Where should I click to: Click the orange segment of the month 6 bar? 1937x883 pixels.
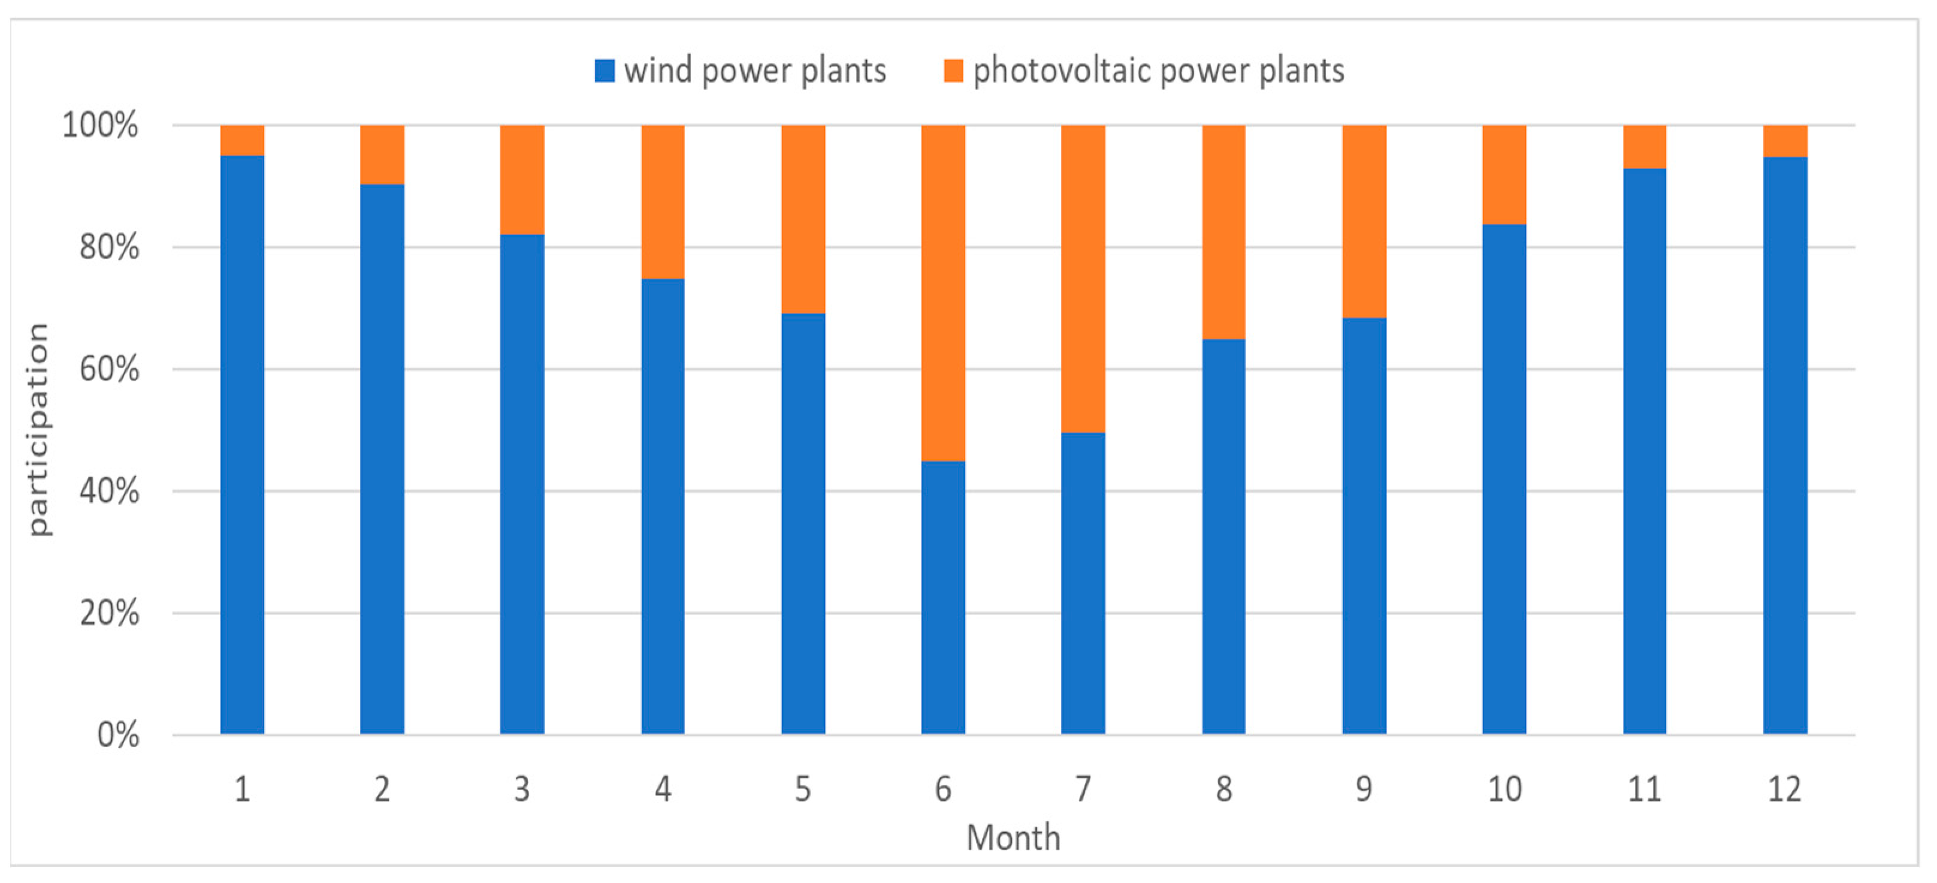[943, 293]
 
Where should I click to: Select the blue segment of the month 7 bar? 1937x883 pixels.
[1083, 583]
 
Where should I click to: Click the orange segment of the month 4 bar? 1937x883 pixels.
[663, 201]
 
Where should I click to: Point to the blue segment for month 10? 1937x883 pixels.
[1504, 479]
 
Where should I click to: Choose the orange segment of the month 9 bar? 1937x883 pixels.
[1364, 221]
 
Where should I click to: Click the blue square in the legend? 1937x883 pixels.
[605, 71]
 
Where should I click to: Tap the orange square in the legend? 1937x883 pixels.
[953, 71]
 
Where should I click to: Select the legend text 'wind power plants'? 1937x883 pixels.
[755, 71]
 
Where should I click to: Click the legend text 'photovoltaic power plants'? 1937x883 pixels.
[1158, 71]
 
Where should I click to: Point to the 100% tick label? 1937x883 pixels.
[100, 125]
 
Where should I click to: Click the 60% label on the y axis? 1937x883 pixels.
[109, 369]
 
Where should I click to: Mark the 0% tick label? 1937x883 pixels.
[118, 735]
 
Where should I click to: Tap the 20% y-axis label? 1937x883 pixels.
[109, 613]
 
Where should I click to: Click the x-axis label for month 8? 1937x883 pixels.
[1223, 789]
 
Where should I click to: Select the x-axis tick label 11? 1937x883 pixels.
[1645, 789]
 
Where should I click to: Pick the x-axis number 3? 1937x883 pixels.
[522, 789]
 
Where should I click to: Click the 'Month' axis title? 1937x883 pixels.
[1013, 837]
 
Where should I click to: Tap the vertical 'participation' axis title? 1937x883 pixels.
[38, 429]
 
